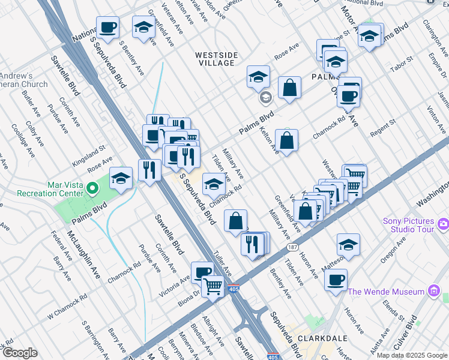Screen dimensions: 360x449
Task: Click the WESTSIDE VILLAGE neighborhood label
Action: [x=217, y=59]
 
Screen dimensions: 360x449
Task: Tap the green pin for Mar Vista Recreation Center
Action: [x=91, y=190]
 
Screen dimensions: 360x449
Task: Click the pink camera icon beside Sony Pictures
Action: [x=444, y=224]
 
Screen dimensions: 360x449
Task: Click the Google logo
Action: [x=20, y=353]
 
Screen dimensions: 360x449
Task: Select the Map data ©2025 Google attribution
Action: [x=412, y=355]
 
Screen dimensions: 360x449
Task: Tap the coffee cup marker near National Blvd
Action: [x=107, y=28]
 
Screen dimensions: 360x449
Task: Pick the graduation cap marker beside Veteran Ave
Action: [x=143, y=28]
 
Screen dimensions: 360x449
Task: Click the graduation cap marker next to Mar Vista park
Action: [x=121, y=178]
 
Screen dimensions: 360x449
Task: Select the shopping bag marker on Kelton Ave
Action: [x=287, y=141]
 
